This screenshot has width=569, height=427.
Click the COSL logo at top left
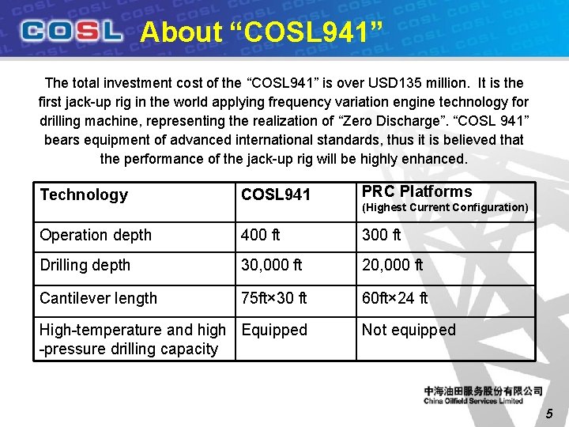tap(72, 32)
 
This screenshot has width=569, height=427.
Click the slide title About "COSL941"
tap(261, 32)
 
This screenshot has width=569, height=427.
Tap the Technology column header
tap(84, 195)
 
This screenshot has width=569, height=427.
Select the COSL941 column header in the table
tap(276, 195)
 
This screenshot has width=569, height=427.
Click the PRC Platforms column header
tap(416, 191)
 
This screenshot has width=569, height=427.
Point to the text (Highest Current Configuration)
tap(445, 207)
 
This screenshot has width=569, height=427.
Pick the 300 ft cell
tap(382, 235)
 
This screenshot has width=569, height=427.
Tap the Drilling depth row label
tap(85, 265)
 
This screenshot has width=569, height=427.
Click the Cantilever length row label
tap(99, 298)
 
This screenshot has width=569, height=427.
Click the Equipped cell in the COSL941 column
tap(274, 330)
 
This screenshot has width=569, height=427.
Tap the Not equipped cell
tap(409, 330)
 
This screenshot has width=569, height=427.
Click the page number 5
tap(550, 413)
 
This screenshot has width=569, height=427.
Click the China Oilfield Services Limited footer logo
tap(483, 395)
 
